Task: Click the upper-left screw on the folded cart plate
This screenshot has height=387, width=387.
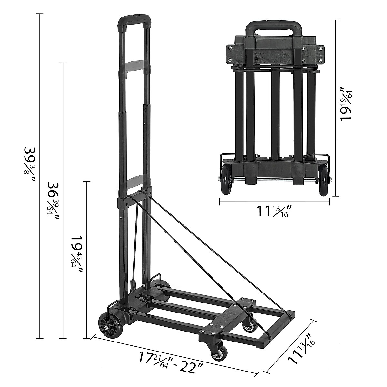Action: coord(230,48)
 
